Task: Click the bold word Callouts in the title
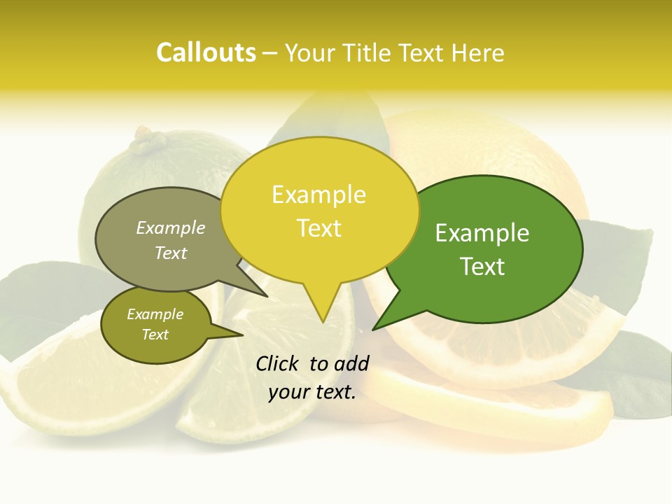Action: pos(206,52)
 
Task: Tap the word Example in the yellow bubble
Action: pos(318,195)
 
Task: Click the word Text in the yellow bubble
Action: pos(318,228)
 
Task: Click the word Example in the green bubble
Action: pos(482,233)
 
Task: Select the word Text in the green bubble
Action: pos(482,267)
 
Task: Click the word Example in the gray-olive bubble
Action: pos(171,227)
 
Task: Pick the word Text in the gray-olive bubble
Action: pos(171,253)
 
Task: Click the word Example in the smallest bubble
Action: pos(155,314)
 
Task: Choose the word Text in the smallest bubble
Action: pos(155,335)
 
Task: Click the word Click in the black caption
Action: pos(278,363)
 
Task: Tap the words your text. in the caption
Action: pos(312,393)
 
